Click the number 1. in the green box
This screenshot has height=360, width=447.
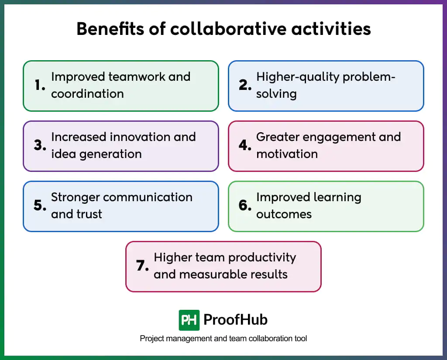point(40,86)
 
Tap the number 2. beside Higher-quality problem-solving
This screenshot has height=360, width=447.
point(245,86)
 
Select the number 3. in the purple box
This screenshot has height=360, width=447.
point(40,146)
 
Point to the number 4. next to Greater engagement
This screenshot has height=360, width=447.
point(245,146)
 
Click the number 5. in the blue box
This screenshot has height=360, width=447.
point(40,206)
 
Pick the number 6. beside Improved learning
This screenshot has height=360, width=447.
point(245,206)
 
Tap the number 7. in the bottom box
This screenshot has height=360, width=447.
point(143,266)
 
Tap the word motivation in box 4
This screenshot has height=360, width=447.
point(287,154)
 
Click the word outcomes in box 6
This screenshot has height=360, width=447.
point(284,214)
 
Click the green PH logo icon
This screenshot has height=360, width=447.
point(189,320)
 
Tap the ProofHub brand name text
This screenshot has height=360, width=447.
point(235,320)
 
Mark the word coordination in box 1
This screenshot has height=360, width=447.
point(87,94)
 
